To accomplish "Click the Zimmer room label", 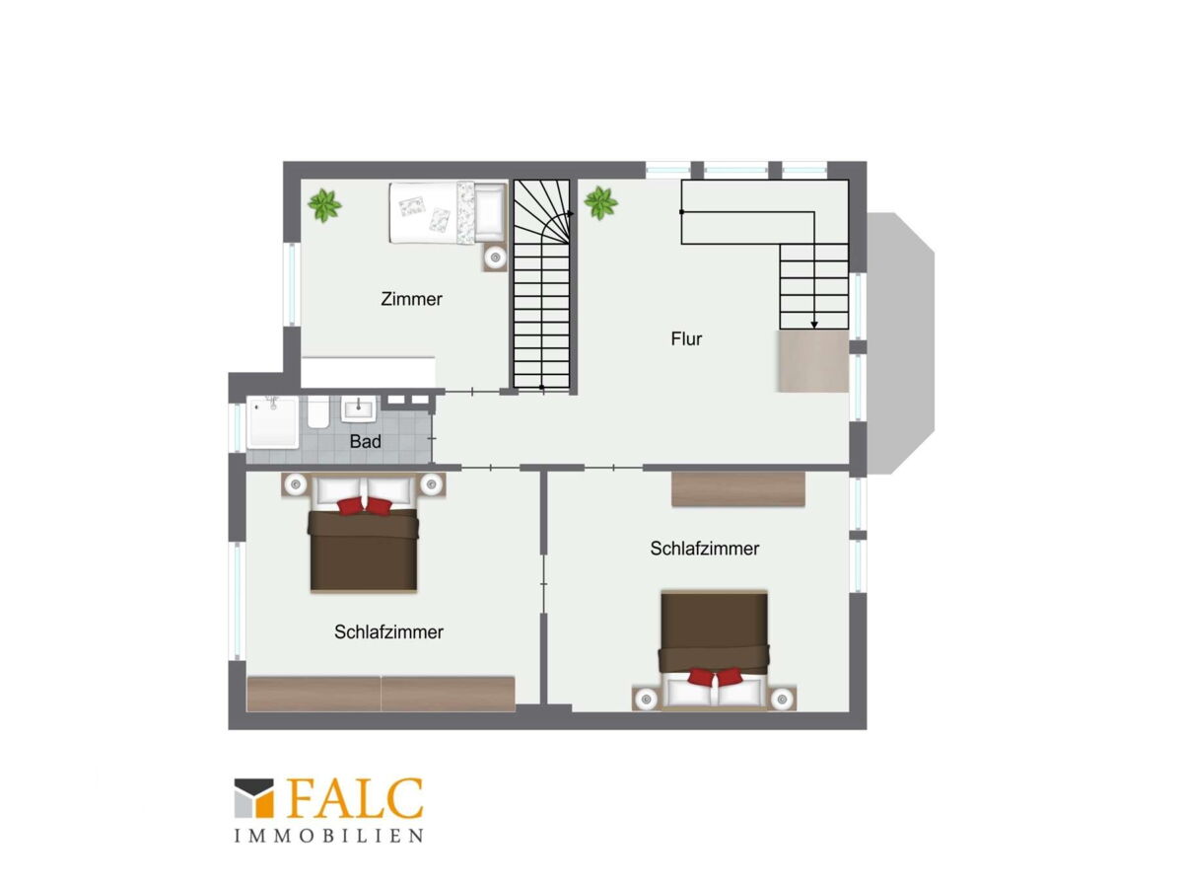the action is [x=411, y=299].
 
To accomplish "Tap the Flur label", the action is [x=686, y=338].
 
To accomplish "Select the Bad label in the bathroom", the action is [x=365, y=442].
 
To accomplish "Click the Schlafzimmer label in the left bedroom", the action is [x=388, y=631].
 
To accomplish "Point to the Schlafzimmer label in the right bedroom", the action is [x=705, y=549].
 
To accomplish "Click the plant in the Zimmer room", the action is [x=324, y=205].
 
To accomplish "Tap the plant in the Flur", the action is [x=601, y=203].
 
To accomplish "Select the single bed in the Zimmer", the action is [x=448, y=212].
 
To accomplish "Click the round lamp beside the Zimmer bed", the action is [x=495, y=258].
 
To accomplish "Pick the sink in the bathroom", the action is [x=358, y=409].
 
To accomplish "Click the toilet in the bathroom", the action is [x=317, y=411].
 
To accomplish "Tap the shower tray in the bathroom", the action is [x=273, y=422].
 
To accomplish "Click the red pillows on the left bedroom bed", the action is [x=365, y=506].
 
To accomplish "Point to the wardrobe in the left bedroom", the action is [x=381, y=694].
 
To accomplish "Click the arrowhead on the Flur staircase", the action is [x=814, y=325].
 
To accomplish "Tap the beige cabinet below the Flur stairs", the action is [x=813, y=361].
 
